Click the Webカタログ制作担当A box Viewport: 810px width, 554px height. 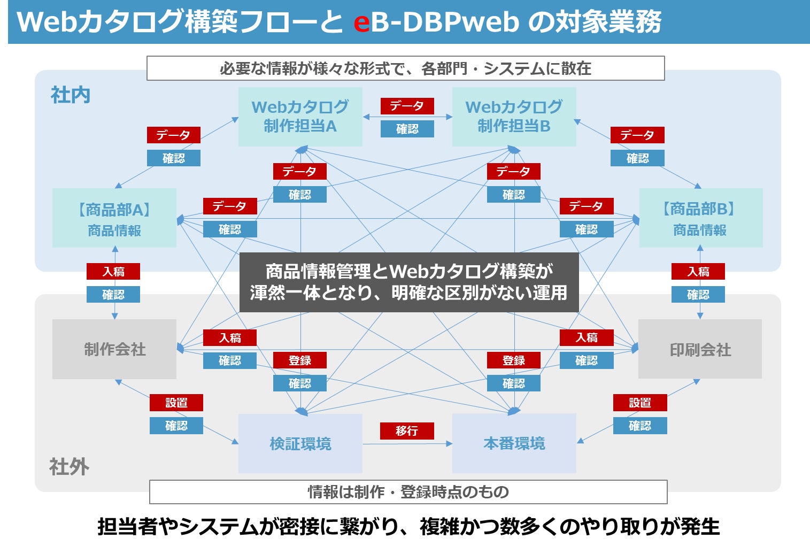coord(300,117)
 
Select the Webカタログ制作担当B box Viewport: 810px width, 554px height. coord(514,117)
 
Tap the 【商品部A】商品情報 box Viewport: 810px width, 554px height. coord(114,218)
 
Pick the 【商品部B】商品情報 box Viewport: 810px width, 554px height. coord(700,218)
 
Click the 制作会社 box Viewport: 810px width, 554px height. coord(114,349)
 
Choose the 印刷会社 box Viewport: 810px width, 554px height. coord(700,349)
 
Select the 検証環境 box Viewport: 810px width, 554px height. coord(300,443)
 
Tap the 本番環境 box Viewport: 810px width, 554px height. coord(514,443)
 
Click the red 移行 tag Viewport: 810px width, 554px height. coord(407,430)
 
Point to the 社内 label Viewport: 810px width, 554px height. coord(71,95)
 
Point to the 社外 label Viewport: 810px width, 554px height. coord(70,467)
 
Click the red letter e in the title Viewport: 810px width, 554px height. coord(361,22)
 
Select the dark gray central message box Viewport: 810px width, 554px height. coord(409,282)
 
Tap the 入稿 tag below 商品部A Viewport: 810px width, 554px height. coord(113,271)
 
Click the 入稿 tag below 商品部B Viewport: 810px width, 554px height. coord(698,271)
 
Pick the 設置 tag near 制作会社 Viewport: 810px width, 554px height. coord(176,402)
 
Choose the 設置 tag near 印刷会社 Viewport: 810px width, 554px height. coord(640,402)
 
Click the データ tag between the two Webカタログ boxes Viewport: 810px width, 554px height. coord(407,106)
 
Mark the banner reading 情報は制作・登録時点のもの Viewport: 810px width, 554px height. coord(408,491)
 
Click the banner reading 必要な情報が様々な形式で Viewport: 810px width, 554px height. coord(405,68)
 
